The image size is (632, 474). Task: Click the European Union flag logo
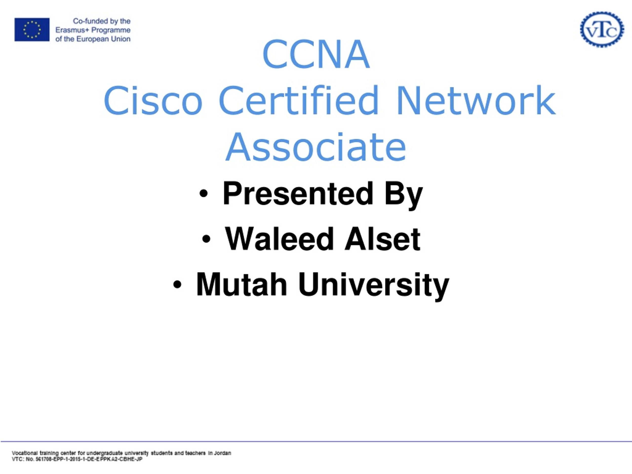point(32,29)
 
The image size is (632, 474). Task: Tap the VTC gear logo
point(602,29)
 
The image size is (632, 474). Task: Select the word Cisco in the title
point(153,100)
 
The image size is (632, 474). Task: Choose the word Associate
point(316,147)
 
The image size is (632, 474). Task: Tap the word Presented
point(298,194)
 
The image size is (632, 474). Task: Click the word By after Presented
point(403,196)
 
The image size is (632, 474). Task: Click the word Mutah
point(242,284)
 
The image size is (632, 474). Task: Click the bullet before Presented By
point(203,194)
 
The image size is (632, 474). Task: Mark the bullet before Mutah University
point(177,284)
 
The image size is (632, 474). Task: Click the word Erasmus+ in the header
point(72,30)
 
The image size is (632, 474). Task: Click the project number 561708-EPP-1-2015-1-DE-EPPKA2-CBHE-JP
point(89,459)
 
